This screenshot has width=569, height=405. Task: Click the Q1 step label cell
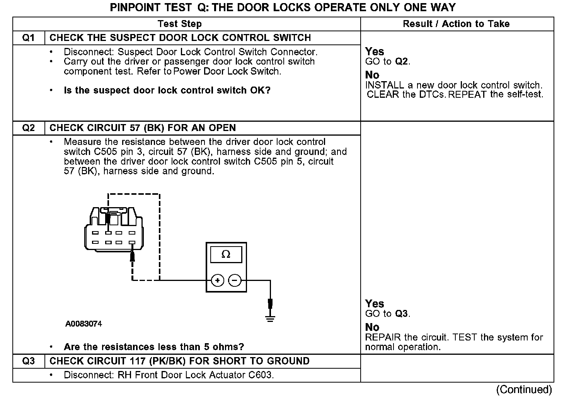point(29,38)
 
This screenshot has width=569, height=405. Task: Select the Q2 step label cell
point(29,128)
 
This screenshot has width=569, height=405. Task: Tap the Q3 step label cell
point(29,361)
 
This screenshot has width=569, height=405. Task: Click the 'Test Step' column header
point(180,24)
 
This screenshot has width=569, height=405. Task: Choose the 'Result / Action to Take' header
point(456,24)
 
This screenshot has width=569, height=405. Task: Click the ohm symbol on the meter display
point(226,254)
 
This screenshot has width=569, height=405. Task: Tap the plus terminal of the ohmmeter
point(218,281)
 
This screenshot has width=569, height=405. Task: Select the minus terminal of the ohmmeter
point(235,281)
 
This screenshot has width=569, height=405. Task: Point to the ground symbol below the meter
point(270,318)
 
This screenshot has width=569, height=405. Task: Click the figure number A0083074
point(83,324)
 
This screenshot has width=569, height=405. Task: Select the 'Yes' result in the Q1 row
point(375,51)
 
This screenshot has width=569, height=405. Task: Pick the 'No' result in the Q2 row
point(372,327)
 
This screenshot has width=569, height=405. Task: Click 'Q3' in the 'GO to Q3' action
point(402,314)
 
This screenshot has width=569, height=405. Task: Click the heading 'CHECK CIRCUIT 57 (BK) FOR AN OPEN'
point(143,128)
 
